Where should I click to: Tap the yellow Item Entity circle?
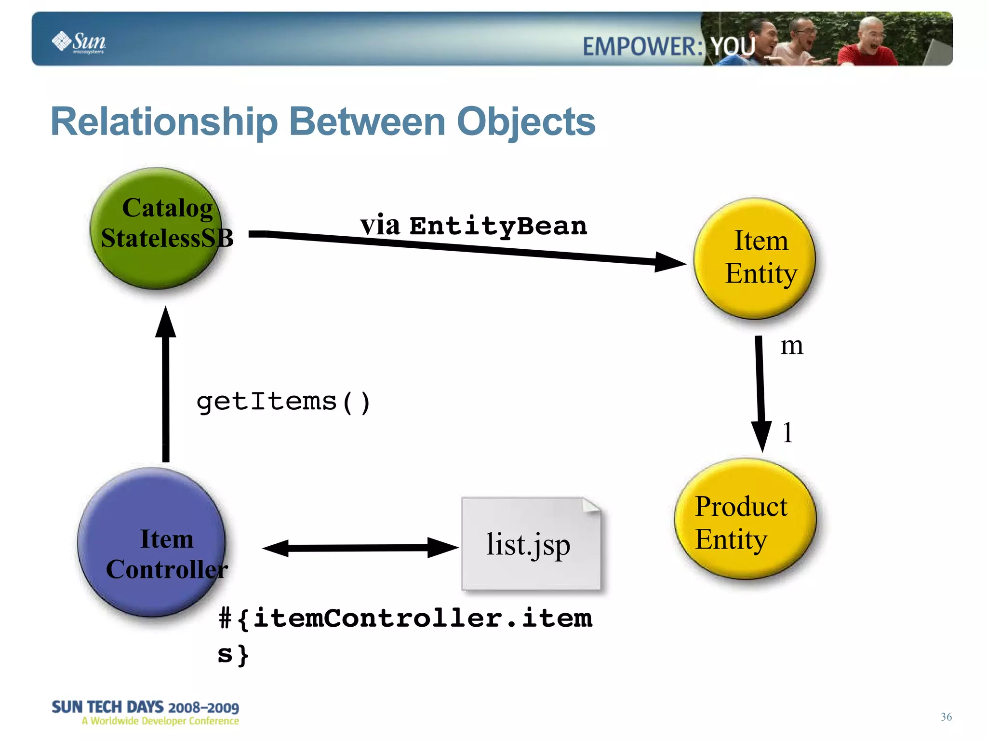point(754,259)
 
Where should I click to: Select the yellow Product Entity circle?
point(745,519)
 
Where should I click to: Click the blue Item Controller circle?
point(152,542)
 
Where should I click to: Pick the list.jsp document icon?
point(530,544)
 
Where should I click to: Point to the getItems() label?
point(283,402)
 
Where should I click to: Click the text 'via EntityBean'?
point(474,226)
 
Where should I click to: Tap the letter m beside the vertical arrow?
point(791,346)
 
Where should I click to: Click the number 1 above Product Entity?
point(787,432)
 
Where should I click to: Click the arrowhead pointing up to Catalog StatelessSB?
point(166,323)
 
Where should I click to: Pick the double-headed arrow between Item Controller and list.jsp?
point(360,548)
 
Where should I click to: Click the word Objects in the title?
point(526,122)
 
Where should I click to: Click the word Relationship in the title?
point(164,122)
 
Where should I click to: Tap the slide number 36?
point(946,717)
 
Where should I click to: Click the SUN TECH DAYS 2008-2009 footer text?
point(145,707)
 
